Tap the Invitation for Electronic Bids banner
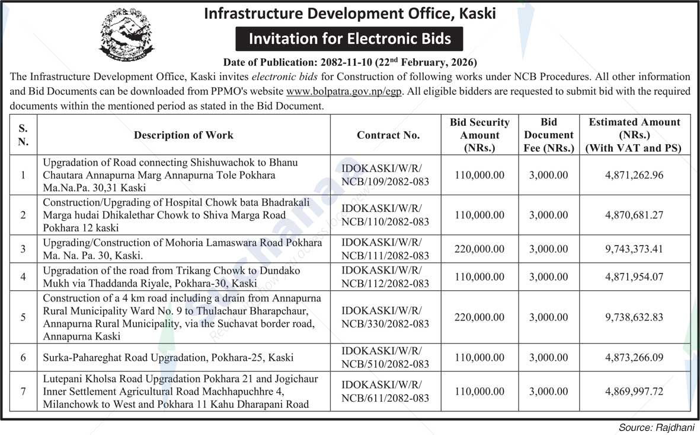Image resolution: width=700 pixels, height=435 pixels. tap(349, 39)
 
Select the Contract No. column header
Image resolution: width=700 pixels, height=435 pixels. tap(388, 135)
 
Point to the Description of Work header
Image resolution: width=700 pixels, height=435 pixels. tap(183, 135)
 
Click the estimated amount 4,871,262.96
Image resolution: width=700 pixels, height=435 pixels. tap(634, 175)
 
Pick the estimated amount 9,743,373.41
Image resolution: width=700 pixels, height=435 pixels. tap(634, 249)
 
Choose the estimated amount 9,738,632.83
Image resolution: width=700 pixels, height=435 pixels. tap(634, 317)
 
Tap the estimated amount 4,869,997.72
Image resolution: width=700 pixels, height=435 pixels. tap(634, 391)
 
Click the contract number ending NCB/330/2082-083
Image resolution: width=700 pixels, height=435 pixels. tap(385, 317)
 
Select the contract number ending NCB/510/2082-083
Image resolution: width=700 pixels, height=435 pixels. tap(385, 357)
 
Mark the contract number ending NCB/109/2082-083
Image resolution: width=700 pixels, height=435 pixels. tap(385, 175)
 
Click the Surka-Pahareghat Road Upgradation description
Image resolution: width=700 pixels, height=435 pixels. tap(168, 358)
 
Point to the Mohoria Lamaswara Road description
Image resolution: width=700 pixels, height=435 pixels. tap(182, 249)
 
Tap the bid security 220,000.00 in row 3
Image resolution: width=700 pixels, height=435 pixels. tap(480, 249)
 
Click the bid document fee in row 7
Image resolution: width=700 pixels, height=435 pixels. tap(548, 391)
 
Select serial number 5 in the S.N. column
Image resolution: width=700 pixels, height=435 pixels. tap(23, 317)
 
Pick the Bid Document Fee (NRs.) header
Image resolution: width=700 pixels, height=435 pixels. tap(549, 135)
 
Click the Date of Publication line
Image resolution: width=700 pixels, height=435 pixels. tap(350, 62)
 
